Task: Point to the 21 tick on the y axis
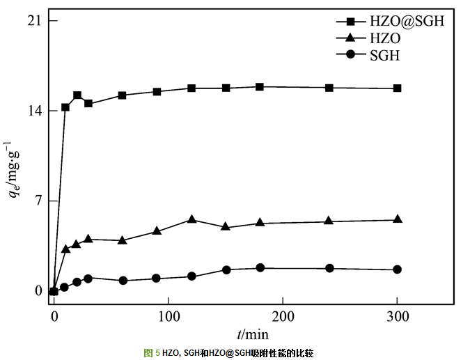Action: [x=33, y=21]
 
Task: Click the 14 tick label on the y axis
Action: [x=33, y=111]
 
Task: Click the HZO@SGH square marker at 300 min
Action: [x=397, y=88]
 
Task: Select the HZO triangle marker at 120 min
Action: [x=191, y=219]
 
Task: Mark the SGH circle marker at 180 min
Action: [x=260, y=268]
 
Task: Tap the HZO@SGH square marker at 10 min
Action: [x=65, y=107]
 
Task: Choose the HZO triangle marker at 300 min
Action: [x=397, y=219]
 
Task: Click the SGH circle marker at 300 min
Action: [x=397, y=269]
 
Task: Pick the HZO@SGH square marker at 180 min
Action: [x=260, y=87]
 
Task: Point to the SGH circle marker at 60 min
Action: [x=123, y=281]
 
